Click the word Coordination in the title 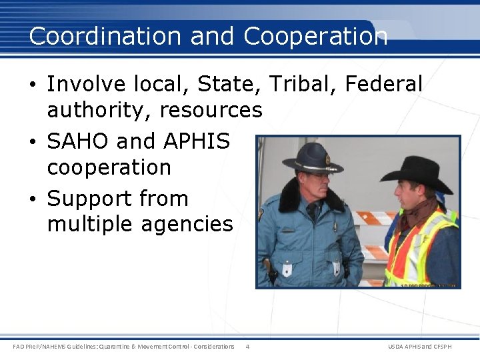coord(106,36)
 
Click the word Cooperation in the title coord(315,36)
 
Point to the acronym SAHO coord(77,141)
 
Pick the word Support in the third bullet coord(89,199)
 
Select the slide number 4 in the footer coord(247,346)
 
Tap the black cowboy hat coord(416,171)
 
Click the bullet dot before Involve coord(33,85)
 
